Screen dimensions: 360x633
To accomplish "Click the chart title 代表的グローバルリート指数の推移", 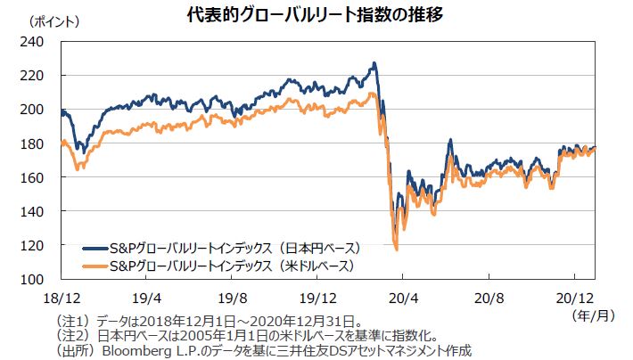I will point(316,15).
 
